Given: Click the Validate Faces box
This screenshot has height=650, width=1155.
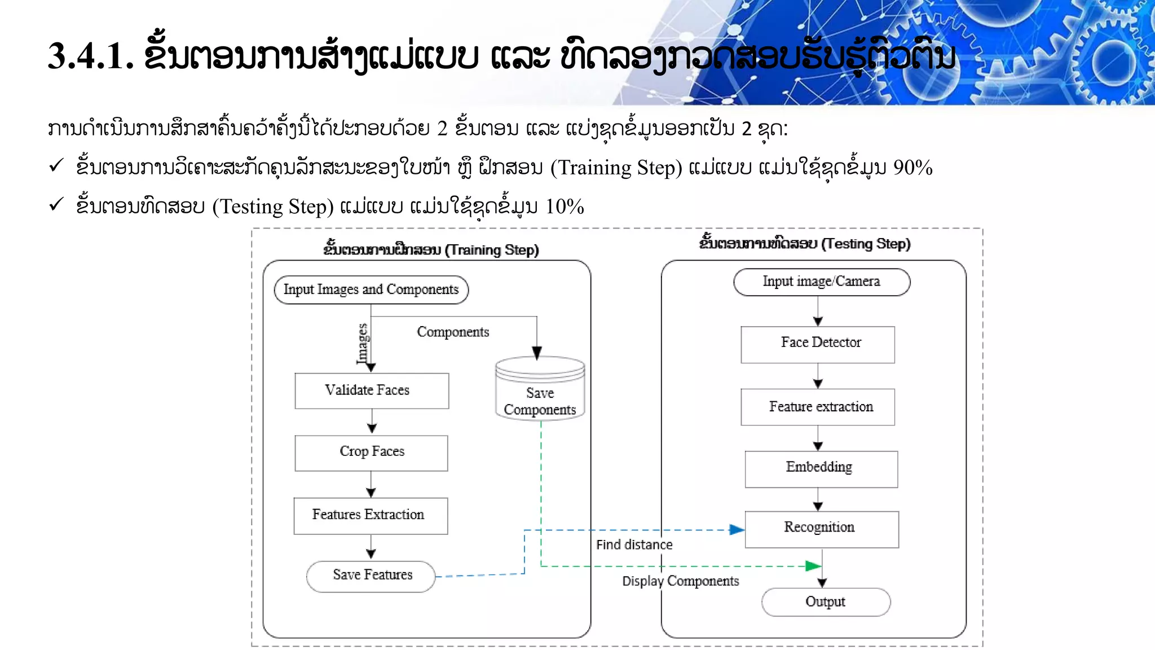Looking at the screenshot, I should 372,390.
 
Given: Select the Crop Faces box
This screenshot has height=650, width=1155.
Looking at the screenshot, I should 371,453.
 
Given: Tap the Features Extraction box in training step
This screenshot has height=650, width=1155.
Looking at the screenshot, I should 371,515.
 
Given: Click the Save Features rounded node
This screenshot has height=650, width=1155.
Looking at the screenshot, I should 371,576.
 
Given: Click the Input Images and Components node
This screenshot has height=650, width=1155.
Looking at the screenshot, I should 371,289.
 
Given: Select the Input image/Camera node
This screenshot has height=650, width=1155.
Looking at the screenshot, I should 821,282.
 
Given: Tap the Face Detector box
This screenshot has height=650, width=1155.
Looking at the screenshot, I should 818,344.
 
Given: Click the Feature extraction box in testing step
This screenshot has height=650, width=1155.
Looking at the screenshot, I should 818,407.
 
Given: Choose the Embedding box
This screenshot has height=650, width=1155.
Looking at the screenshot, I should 821,468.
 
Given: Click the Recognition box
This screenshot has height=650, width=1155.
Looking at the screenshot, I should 821,529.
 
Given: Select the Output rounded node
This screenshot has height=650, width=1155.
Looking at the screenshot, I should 826,601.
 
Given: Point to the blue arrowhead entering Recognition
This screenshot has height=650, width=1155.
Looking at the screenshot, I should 737,530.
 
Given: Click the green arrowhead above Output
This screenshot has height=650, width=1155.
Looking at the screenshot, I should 813,566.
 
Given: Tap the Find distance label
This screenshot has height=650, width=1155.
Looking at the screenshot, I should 634,545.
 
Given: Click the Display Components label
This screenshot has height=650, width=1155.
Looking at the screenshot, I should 680,581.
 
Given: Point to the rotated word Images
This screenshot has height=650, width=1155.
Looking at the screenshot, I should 363,343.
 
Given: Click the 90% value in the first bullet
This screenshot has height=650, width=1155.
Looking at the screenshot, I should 912,168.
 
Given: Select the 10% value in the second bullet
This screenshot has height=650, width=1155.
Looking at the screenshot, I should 564,207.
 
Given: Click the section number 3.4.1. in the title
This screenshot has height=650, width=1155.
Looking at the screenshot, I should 91,56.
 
